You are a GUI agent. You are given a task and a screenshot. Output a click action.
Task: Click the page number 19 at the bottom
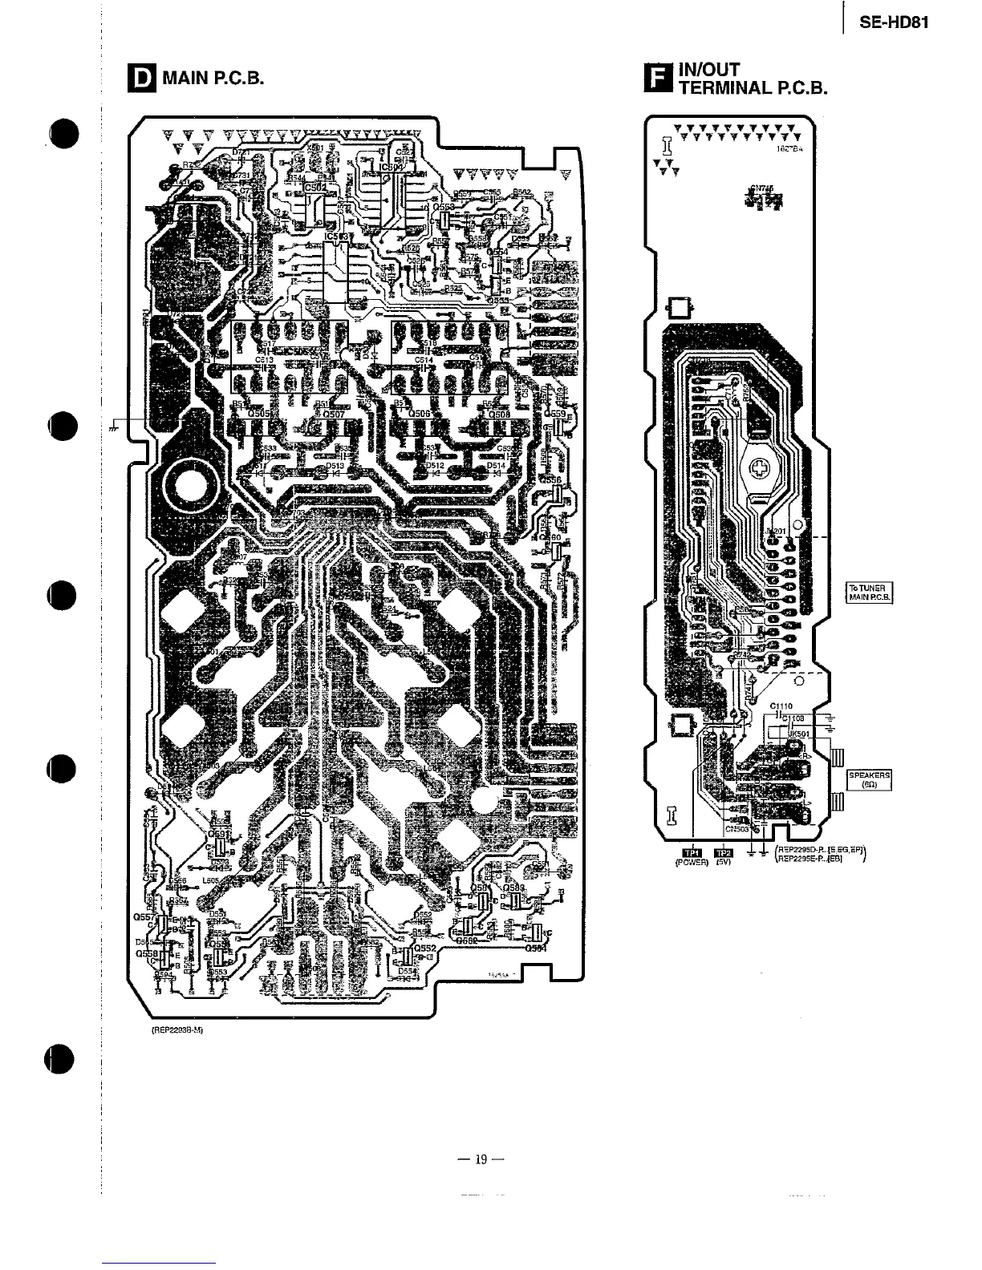pyautogui.click(x=481, y=1159)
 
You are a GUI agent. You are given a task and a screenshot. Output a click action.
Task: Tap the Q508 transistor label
pyautogui.click(x=498, y=414)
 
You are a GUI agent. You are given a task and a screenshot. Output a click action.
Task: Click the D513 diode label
pyautogui.click(x=335, y=465)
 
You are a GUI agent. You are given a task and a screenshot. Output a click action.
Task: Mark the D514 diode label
pyautogui.click(x=496, y=465)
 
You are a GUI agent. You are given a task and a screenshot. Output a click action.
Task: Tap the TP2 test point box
pyautogui.click(x=724, y=853)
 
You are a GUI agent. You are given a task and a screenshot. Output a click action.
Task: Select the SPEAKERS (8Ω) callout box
pyautogui.click(x=870, y=779)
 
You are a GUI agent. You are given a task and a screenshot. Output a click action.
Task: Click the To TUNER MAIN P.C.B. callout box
pyautogui.click(x=870, y=593)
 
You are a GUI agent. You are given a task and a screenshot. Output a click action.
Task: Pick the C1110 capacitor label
pyautogui.click(x=781, y=706)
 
